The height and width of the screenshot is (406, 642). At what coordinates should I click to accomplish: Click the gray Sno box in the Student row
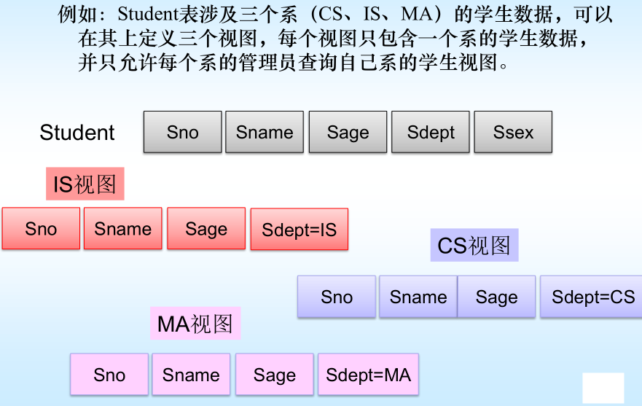(x=182, y=132)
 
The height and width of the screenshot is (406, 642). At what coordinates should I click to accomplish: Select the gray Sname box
(x=265, y=132)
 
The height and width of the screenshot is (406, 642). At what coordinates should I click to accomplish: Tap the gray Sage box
(x=348, y=132)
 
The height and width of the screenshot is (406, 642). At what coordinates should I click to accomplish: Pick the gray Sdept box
(x=431, y=132)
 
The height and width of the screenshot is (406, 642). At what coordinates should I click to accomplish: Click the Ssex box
(x=513, y=132)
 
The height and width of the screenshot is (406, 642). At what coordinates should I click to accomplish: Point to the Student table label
(x=77, y=133)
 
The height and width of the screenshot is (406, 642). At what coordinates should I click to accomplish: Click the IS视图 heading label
(x=85, y=184)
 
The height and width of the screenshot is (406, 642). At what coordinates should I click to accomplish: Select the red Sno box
(x=41, y=229)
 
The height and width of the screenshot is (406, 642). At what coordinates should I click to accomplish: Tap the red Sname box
(x=123, y=229)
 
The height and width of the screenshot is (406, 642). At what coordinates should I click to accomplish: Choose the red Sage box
(x=206, y=229)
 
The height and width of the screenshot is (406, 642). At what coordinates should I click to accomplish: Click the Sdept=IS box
(x=300, y=230)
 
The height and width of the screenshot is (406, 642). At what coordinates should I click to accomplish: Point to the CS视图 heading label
(x=474, y=246)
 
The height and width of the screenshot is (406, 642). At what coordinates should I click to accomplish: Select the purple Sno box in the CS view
(x=337, y=297)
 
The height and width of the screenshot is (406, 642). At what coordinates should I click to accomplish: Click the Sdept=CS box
(x=592, y=297)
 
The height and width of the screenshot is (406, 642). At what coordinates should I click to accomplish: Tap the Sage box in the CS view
(x=496, y=297)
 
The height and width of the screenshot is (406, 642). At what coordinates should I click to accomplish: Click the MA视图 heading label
(x=195, y=324)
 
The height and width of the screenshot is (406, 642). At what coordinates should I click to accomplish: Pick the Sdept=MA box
(x=368, y=375)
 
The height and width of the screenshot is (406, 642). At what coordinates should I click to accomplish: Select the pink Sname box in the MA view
(x=191, y=375)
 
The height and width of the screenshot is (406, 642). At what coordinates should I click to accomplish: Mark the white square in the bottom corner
(x=603, y=388)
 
